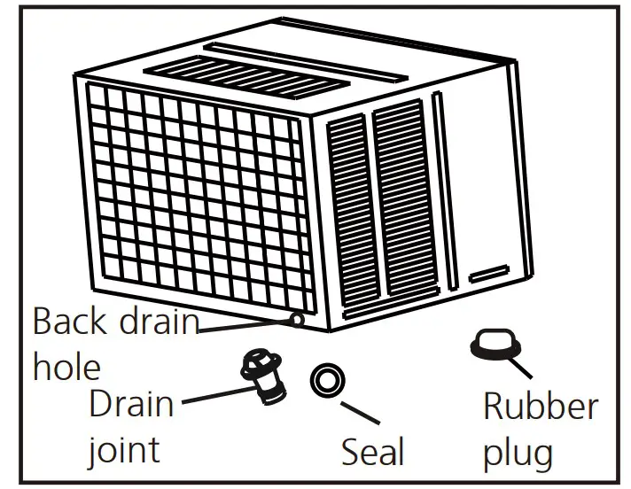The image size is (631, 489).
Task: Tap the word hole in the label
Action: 66,367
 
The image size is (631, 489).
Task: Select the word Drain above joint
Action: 131,405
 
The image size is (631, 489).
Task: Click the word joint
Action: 123,451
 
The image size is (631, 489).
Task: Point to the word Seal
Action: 373,453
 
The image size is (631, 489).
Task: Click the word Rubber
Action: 541,407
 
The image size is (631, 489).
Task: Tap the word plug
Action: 518,454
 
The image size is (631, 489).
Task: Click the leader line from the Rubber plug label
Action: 518,366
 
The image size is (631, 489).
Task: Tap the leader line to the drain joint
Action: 213,395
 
